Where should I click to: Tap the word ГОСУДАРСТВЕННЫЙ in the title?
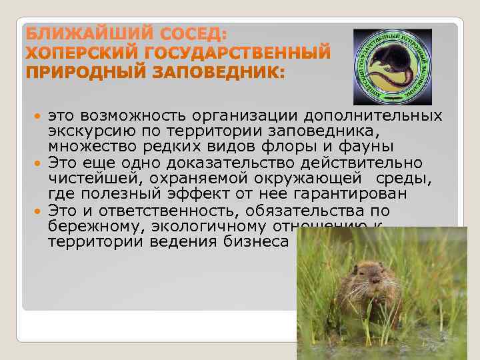(x=232, y=53)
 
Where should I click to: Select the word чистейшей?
(x=90, y=179)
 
